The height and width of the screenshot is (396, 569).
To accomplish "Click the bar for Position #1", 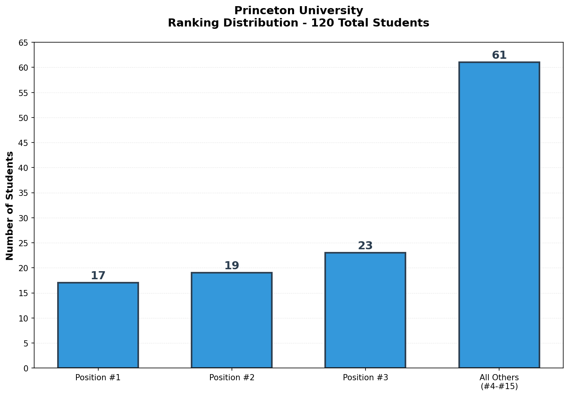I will click(98, 325).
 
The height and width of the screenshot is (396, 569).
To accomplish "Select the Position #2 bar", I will click(232, 320).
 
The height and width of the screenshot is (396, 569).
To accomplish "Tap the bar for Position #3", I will click(365, 310).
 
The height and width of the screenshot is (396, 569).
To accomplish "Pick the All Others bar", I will click(499, 215).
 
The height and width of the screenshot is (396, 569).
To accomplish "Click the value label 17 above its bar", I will click(98, 276).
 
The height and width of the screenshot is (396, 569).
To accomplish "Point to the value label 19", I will click(232, 266).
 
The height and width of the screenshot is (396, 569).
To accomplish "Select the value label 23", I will click(365, 246).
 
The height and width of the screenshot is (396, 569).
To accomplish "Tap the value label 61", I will click(499, 55).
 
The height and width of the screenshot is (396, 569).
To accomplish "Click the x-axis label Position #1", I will click(98, 378).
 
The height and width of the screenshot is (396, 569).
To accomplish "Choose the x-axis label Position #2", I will click(232, 378).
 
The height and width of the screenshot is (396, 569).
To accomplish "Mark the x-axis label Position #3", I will click(365, 378).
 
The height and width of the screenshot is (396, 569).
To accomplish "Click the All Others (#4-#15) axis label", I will click(499, 382).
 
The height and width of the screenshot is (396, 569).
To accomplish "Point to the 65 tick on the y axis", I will click(23, 43).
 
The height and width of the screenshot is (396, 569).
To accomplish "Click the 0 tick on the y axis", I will click(26, 368).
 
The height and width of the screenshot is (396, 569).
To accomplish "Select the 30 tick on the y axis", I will click(23, 218).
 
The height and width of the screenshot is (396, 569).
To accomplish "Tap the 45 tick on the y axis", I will click(23, 143).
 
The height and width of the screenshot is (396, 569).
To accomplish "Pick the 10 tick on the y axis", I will click(23, 318).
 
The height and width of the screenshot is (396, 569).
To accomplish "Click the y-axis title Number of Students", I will click(10, 205).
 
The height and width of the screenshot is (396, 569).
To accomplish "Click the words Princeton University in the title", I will click(298, 11).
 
